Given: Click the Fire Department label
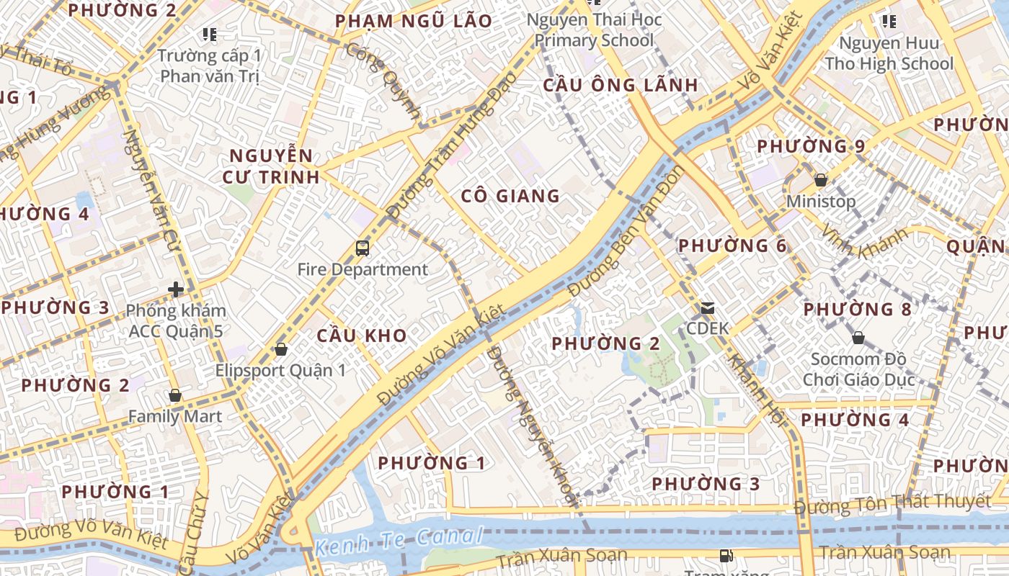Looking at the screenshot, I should pyautogui.click(x=363, y=270).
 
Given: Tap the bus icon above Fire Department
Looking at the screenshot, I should pyautogui.click(x=363, y=249).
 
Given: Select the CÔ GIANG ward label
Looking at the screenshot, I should pyautogui.click(x=510, y=196).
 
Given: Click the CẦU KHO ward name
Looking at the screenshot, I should pyautogui.click(x=362, y=336).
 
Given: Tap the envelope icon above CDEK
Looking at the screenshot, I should pyautogui.click(x=707, y=309).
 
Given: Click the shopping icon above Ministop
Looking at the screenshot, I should pyautogui.click(x=820, y=180).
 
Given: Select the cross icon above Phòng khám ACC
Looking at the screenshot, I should pyautogui.click(x=175, y=290).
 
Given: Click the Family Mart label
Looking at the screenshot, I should pyautogui.click(x=175, y=416).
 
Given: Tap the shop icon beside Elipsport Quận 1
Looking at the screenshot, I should pyautogui.click(x=281, y=350).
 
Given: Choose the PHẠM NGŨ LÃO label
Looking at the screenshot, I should pyautogui.click(x=414, y=21).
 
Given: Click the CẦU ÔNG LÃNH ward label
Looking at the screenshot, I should pyautogui.click(x=620, y=85).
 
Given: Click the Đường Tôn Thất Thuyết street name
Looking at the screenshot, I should pyautogui.click(x=892, y=503).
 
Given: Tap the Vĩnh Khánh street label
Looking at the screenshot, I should pyautogui.click(x=863, y=243).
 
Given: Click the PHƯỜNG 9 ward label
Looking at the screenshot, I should pyautogui.click(x=811, y=146).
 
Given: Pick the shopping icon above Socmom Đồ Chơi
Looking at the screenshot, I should pyautogui.click(x=858, y=338).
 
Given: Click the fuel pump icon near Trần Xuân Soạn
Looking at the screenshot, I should pyautogui.click(x=726, y=556).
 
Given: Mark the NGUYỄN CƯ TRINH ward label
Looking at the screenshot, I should pyautogui.click(x=274, y=166).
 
